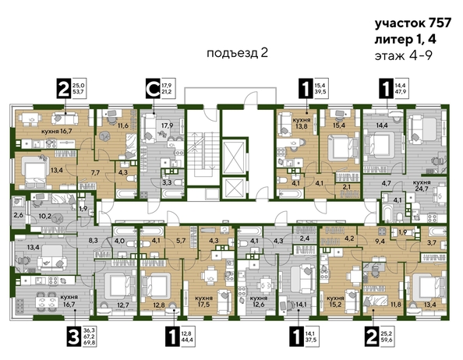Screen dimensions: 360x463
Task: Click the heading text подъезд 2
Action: tap(238, 53)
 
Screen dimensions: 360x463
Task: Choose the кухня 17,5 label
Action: tap(206, 298)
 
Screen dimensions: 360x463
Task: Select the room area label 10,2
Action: tap(45, 217)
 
